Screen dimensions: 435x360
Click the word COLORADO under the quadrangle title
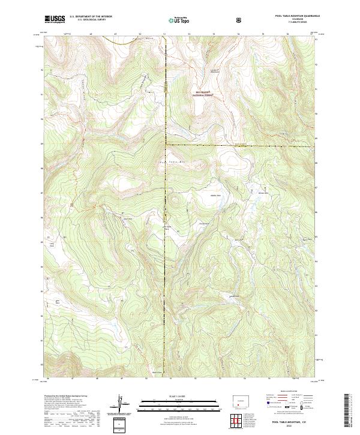coord(298,20)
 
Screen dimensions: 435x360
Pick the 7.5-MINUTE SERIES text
coord(298,23)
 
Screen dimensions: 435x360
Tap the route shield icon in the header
coord(240,20)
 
